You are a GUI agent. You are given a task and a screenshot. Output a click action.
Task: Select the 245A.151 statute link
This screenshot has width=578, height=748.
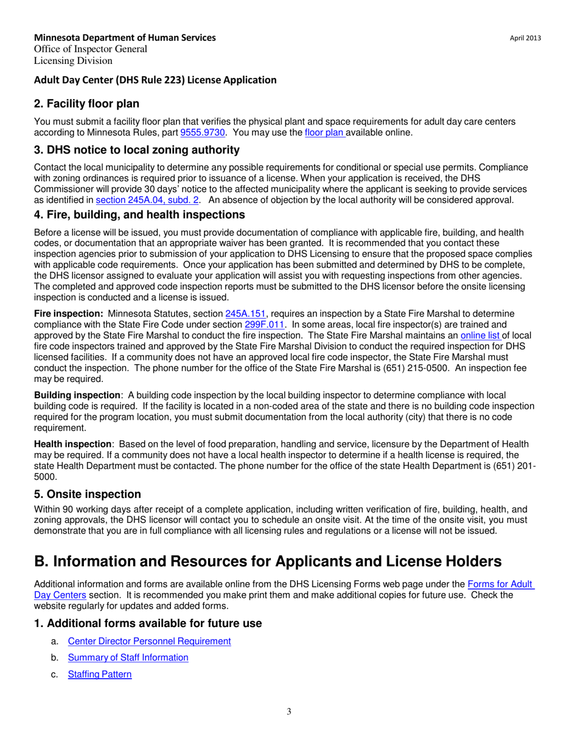click(246, 314)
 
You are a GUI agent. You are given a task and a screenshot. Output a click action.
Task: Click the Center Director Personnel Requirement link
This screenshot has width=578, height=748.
click(149, 640)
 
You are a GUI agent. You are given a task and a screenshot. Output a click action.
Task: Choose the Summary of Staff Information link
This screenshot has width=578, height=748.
click(128, 657)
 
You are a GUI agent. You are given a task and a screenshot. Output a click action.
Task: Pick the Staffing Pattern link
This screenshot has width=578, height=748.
click(100, 674)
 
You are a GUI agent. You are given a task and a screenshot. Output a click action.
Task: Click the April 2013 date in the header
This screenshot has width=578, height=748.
click(525, 38)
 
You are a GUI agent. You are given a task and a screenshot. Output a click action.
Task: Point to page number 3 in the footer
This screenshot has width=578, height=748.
click(289, 712)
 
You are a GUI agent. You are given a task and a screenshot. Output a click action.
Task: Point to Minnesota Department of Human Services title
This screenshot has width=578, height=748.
click(125, 38)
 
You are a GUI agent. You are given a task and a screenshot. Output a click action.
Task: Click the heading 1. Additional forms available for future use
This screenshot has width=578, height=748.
click(148, 623)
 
